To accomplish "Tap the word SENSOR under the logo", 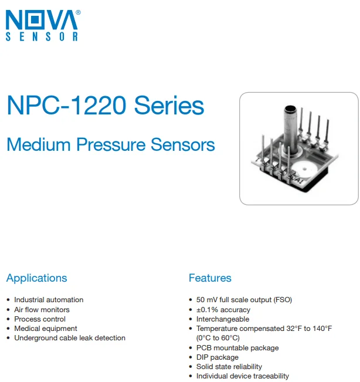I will click(42, 37).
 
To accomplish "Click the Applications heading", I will click(36, 278).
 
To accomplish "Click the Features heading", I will click(210, 278).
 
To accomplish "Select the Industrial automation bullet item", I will click(49, 300).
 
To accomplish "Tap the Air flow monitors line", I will click(42, 309).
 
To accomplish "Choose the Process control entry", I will click(40, 319).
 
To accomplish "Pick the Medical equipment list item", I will click(46, 329).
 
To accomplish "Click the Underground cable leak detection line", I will click(70, 338).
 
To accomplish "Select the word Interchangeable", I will click(223, 319).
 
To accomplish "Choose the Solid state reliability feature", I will click(229, 367).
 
